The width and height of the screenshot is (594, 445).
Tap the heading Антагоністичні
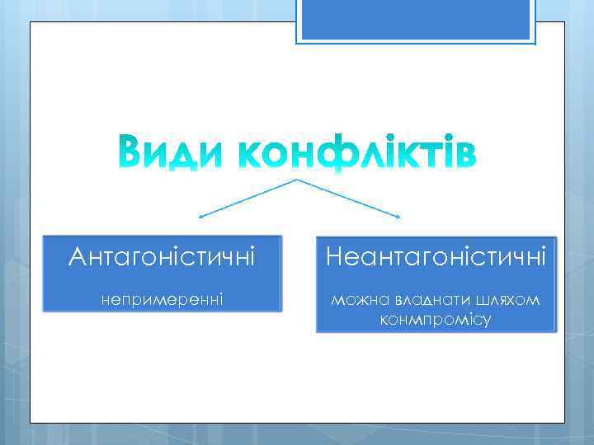pyautogui.click(x=162, y=258)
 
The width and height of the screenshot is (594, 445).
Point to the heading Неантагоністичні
pyautogui.click(x=436, y=258)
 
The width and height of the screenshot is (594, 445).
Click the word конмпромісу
pyautogui.click(x=436, y=319)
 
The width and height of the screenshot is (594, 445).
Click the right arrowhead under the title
pyautogui.click(x=398, y=218)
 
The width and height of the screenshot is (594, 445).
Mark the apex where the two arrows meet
pyautogui.click(x=297, y=180)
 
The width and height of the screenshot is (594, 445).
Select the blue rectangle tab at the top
pyautogui.click(x=415, y=20)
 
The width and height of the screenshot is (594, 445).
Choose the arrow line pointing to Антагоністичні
pyautogui.click(x=247, y=199)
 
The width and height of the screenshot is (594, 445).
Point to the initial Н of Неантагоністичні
pyautogui.click(x=334, y=258)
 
